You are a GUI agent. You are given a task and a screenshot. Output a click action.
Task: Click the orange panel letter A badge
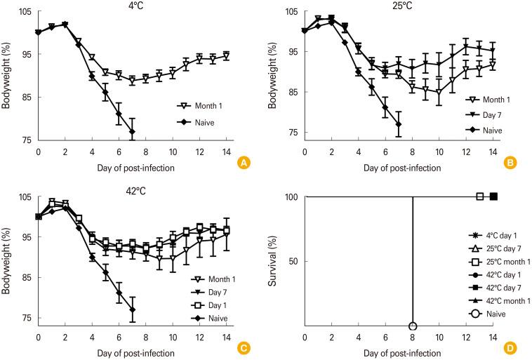(x=244, y=163)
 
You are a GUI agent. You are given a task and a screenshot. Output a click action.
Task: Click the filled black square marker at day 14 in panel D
(x=493, y=196)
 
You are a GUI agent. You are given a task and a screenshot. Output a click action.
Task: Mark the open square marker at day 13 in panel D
(x=480, y=196)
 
